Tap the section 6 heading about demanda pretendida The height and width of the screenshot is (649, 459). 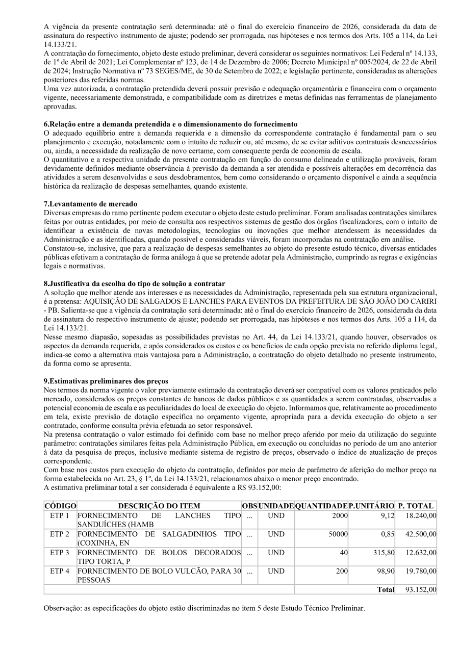pyautogui.click(x=170, y=124)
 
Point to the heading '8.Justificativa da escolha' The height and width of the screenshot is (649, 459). pyautogui.click(x=135, y=283)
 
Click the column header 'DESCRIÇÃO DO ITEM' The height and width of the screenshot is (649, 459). pyautogui.click(x=159, y=506)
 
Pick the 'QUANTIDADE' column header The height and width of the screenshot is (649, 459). pyautogui.click(x=321, y=506)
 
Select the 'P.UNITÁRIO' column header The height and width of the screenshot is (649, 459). pyautogui.click(x=372, y=506)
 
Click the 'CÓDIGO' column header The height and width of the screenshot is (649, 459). pyautogui.click(x=60, y=506)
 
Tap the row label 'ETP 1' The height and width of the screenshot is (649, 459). pyautogui.click(x=60, y=516)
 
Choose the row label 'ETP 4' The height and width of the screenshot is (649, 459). pyautogui.click(x=60, y=571)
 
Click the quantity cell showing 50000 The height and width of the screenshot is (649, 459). pyautogui.click(x=338, y=534)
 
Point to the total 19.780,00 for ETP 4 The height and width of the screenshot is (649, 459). pyautogui.click(x=421, y=571)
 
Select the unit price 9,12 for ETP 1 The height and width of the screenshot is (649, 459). pyautogui.click(x=386, y=516)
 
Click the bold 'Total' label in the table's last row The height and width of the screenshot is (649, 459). pyautogui.click(x=386, y=590)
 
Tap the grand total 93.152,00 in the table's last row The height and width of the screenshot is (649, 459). pyautogui.click(x=421, y=590)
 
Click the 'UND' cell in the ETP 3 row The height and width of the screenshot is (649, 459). pyautogui.click(x=276, y=553)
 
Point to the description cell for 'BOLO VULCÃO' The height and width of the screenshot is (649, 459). pyautogui.click(x=159, y=575)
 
